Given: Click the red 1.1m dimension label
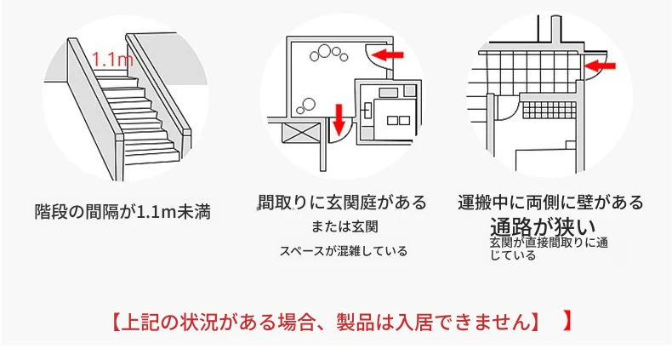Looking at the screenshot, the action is pos(113,59).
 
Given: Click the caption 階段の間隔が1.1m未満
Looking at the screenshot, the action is pos(122,212).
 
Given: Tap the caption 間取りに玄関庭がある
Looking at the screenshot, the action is pos(343,202).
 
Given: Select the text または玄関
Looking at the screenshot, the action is pos(345,226).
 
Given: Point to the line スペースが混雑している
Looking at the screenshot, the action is pos(344,251).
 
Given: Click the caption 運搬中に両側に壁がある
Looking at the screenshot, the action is pos(550,202).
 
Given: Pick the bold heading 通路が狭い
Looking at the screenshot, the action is pos(543,226).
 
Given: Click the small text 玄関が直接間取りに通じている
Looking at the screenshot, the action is pos(549,249).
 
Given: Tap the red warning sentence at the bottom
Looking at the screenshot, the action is pos(327,322).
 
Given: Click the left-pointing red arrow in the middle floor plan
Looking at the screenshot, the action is pos(387,54).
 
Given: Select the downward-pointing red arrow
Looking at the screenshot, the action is pos(339,119).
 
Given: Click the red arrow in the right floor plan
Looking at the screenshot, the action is pos(600,66).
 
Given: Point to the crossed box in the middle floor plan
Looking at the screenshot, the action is pos(302,133).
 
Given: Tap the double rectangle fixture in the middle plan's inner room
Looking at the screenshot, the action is pos(398,121).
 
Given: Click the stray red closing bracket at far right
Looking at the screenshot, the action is pos(567,322).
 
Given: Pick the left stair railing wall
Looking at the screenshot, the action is pos(95,107).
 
